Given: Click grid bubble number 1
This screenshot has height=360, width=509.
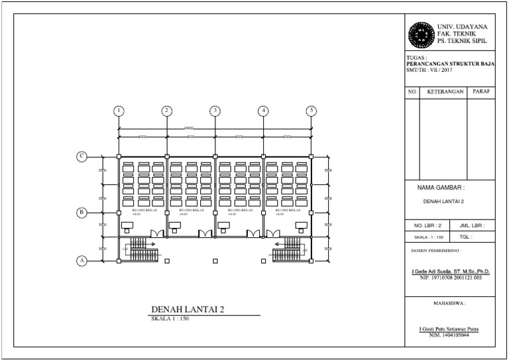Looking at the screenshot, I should point(119,111).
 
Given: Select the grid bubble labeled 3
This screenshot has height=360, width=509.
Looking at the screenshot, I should point(215,111).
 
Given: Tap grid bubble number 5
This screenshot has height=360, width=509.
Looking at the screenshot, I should point(311,111).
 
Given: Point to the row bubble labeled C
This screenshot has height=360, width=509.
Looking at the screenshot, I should point(82,156).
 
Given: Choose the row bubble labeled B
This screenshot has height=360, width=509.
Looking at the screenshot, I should point(82,212).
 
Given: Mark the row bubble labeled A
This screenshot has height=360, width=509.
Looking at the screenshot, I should point(82,261).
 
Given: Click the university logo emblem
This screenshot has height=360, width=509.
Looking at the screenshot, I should point(420,32).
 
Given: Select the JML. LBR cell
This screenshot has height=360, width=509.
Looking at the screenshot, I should point(471,225).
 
